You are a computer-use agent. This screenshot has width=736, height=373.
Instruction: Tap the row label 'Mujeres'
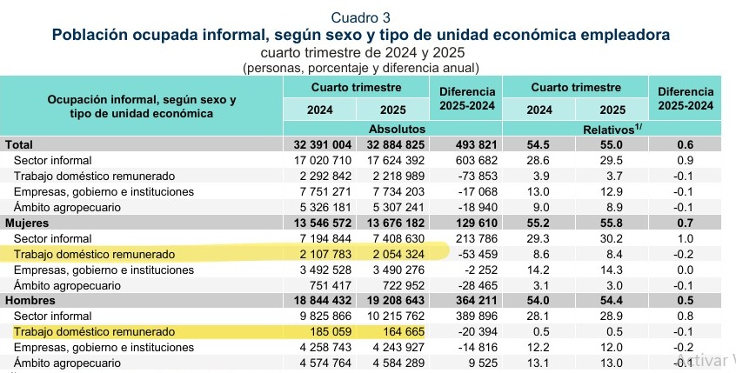point(28,223)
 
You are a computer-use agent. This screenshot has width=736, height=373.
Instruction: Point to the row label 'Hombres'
point(30,301)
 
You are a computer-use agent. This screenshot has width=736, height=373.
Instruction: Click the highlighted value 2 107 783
point(317,254)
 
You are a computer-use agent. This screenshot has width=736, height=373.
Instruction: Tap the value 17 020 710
point(317,160)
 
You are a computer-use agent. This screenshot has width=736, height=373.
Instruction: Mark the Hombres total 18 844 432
point(317,301)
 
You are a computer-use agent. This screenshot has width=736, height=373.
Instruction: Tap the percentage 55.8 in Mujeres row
point(612,223)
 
